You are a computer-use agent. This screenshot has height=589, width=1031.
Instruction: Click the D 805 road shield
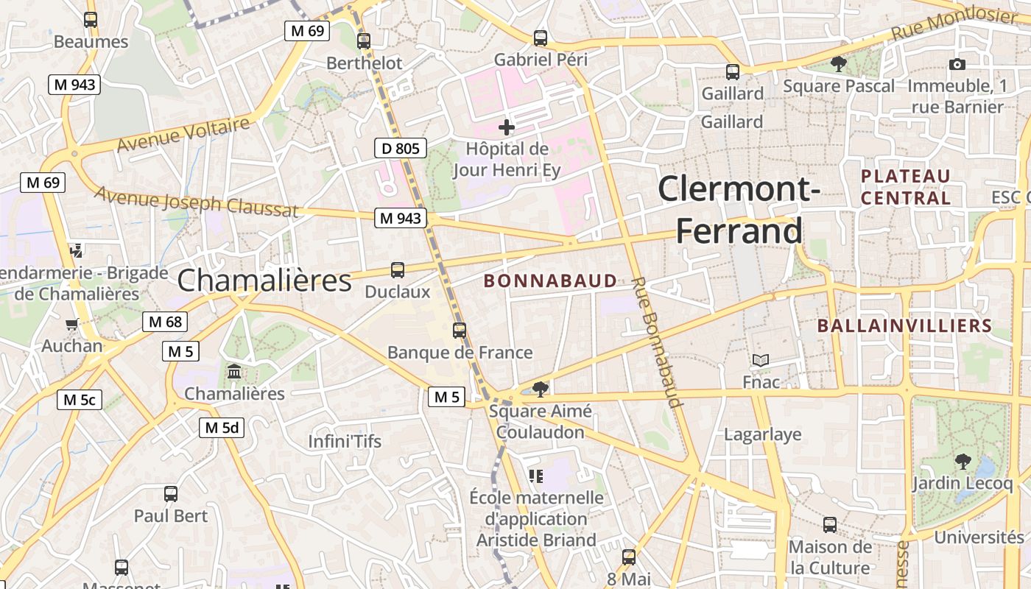tap(401, 149)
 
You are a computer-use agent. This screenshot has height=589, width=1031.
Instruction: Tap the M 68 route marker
tap(165, 322)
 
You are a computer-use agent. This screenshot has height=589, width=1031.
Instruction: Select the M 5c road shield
tap(80, 400)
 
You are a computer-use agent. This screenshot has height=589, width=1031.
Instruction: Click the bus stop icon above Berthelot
tap(363, 41)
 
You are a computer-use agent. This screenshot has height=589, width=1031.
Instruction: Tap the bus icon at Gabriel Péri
tap(541, 38)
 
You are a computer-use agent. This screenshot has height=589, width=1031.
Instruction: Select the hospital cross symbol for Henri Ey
tap(507, 127)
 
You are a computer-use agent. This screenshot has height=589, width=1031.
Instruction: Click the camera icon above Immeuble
tap(957, 64)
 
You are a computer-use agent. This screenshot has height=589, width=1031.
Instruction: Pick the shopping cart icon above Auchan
tap(72, 324)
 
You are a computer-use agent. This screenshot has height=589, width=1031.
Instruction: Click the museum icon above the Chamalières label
tap(234, 372)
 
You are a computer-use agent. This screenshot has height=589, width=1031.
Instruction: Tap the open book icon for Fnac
tap(761, 361)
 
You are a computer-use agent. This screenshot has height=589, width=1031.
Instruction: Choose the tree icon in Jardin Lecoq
tap(963, 462)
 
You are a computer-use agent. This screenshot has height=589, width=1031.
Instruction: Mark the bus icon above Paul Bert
tap(171, 494)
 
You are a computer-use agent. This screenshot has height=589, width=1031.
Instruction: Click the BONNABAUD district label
tap(550, 281)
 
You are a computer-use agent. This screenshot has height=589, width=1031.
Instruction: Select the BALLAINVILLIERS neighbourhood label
tap(905, 325)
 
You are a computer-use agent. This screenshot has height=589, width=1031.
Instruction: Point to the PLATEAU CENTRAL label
tap(906, 187)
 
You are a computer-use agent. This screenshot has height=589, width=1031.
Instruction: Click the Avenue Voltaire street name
tap(183, 135)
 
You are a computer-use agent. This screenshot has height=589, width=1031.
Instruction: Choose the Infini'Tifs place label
tap(345, 442)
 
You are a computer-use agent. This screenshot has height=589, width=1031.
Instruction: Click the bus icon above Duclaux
tap(398, 270)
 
